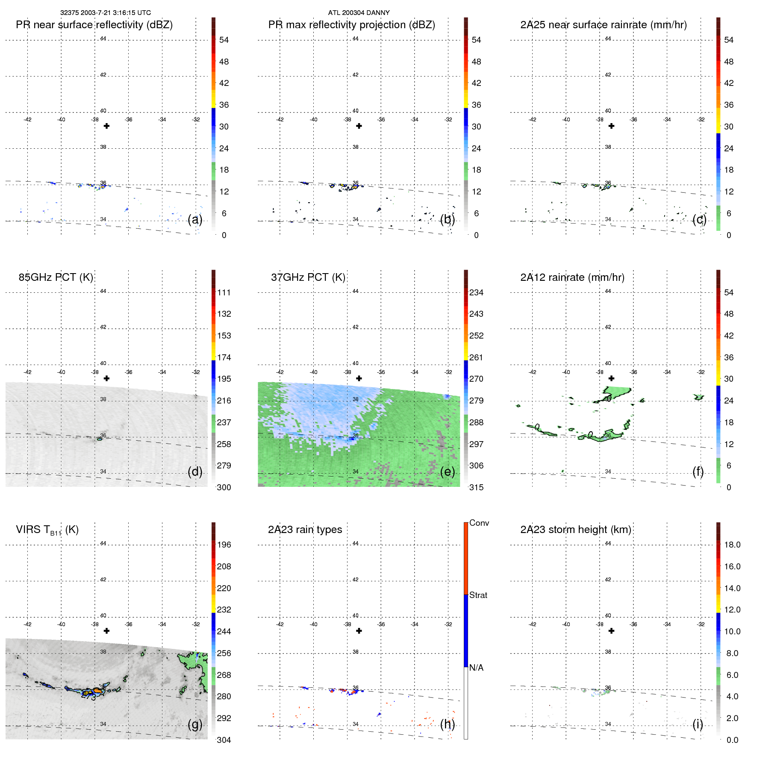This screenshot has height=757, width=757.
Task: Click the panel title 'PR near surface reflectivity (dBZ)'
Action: pyautogui.click(x=94, y=25)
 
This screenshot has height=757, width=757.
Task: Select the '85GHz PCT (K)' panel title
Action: pyautogui.click(x=56, y=277)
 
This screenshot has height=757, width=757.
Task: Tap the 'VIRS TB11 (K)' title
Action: pyautogui.click(x=47, y=530)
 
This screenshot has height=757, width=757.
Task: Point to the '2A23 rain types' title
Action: pyautogui.click(x=305, y=530)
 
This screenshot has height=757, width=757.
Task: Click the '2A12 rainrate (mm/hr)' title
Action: pyautogui.click(x=572, y=277)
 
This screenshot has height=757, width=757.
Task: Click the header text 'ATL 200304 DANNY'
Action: pyautogui.click(x=359, y=12)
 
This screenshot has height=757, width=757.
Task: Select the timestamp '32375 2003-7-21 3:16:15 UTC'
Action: pyautogui.click(x=105, y=12)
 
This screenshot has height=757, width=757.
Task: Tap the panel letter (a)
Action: pyautogui.click(x=195, y=219)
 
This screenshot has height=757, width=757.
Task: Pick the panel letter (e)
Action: pyautogui.click(x=447, y=471)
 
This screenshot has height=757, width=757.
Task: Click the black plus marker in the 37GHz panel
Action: pyautogui.click(x=359, y=378)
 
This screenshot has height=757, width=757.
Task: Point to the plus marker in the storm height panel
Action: pyautogui.click(x=611, y=631)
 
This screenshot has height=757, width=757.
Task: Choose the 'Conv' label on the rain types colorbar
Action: pyautogui.click(x=479, y=523)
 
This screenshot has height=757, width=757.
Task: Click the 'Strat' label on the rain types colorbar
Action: pyautogui.click(x=478, y=595)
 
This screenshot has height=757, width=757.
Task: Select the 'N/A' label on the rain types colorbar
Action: pyautogui.click(x=476, y=668)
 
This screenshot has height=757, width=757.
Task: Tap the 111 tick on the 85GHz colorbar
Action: pyautogui.click(x=224, y=292)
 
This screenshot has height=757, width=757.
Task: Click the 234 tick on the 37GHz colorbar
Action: pyautogui.click(x=476, y=292)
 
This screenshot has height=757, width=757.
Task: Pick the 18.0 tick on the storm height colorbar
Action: pyautogui.click(x=732, y=545)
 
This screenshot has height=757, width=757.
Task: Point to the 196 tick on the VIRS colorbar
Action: pyautogui.click(x=224, y=545)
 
